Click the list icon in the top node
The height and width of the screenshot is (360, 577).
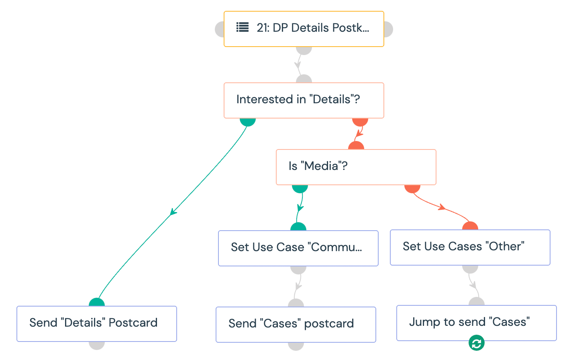[243, 27]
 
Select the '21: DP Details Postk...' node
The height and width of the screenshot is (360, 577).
[304, 29]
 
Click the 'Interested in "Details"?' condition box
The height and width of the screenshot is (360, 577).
[304, 100]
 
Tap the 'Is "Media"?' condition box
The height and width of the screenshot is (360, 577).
[356, 167]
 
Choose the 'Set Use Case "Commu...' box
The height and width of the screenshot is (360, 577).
[298, 248]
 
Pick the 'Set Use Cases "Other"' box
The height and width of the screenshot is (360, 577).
[470, 247]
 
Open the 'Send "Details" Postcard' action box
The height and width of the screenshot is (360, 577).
[97, 324]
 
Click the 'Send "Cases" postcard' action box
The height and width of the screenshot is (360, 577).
[296, 325]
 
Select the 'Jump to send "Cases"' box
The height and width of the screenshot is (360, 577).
[477, 323]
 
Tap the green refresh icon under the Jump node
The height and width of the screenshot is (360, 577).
[477, 343]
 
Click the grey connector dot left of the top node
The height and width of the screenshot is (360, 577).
[220, 29]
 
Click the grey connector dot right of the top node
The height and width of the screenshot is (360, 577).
[388, 29]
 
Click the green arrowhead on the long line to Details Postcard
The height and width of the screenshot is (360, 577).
[173, 212]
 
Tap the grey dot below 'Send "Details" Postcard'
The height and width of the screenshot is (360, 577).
[97, 346]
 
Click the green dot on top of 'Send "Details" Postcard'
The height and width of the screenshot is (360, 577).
[97, 302]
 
